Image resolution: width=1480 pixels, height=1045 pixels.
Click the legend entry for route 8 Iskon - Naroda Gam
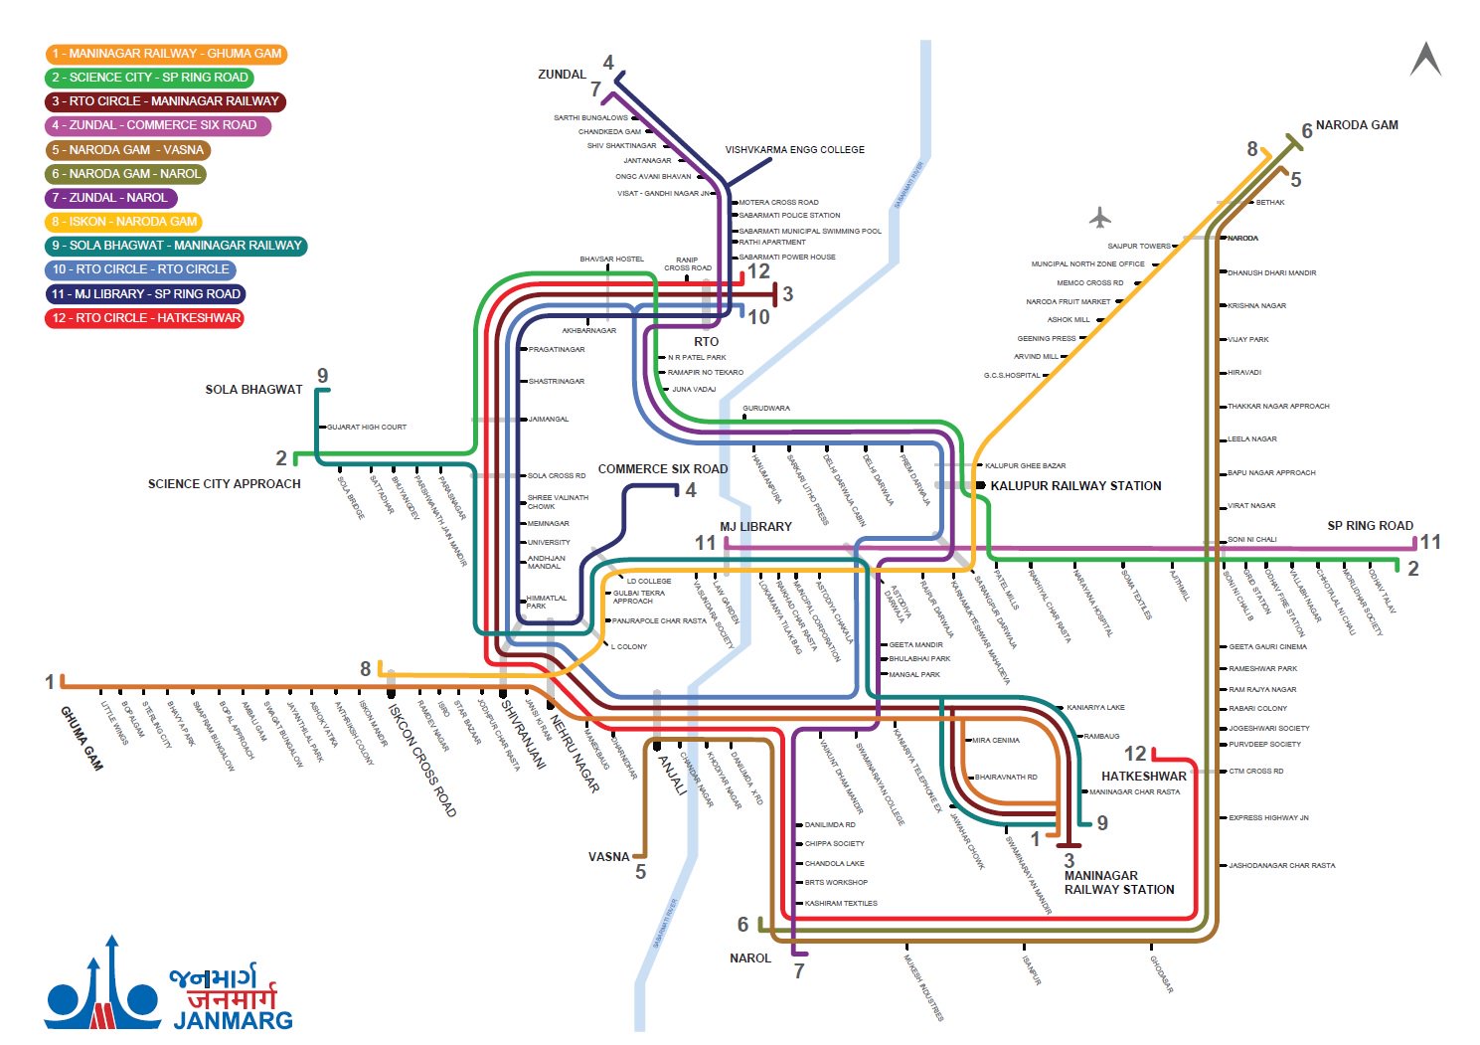click(124, 222)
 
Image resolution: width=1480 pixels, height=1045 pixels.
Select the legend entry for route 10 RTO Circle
click(140, 269)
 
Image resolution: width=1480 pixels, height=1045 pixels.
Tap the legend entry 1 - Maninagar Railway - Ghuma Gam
click(166, 54)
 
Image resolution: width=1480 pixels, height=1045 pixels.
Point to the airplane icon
click(1099, 217)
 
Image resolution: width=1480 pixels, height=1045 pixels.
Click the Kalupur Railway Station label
click(1075, 486)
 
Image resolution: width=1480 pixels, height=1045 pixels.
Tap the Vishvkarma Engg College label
click(794, 150)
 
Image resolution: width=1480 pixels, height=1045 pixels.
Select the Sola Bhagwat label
click(253, 390)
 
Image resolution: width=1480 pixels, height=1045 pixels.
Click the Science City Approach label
click(224, 484)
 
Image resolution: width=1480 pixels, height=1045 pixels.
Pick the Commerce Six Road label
click(662, 469)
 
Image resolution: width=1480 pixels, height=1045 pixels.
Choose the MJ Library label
click(755, 527)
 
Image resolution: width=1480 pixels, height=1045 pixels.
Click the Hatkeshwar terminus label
click(1143, 777)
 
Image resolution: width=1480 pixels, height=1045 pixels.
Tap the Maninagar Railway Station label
click(1118, 883)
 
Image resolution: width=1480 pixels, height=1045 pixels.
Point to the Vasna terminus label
click(608, 857)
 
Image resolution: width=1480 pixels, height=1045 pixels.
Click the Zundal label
click(562, 75)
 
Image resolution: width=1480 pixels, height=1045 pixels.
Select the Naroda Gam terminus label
click(1356, 125)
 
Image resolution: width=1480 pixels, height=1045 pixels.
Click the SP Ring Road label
click(1370, 526)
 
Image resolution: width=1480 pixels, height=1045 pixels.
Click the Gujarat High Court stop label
click(367, 428)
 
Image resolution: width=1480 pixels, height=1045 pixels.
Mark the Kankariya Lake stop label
click(1095, 708)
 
